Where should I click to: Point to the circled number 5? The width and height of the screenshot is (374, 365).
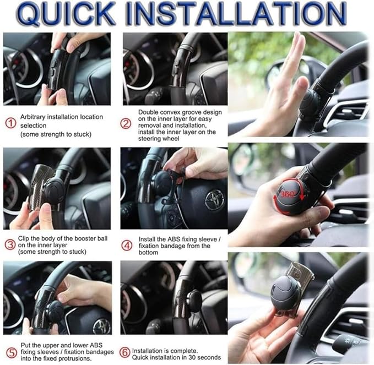click(x=10, y=352)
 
